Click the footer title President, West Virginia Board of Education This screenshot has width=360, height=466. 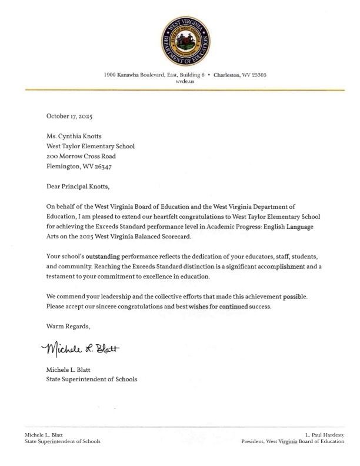[x=298, y=441]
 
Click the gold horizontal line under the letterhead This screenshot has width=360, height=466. [x=180, y=89]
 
